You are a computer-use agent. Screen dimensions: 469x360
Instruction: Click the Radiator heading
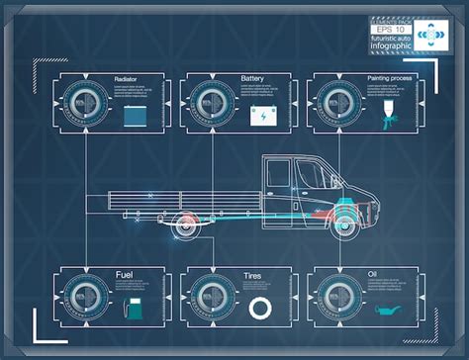click(x=126, y=78)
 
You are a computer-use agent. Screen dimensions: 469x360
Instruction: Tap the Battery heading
click(x=252, y=78)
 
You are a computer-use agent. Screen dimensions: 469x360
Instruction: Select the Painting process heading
click(x=391, y=78)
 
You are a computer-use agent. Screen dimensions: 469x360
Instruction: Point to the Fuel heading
click(x=125, y=273)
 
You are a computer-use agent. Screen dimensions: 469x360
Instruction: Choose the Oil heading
click(x=373, y=273)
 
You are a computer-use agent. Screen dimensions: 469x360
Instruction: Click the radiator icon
click(x=135, y=115)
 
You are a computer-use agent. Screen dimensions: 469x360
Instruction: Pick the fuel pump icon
click(x=132, y=309)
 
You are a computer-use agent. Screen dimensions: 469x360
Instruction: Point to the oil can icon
click(x=388, y=310)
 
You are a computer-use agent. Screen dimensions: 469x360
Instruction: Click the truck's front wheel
click(x=346, y=226)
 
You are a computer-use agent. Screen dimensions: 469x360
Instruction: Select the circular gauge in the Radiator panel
click(x=83, y=103)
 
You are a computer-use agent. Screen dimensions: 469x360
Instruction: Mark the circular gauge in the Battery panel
click(x=211, y=103)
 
